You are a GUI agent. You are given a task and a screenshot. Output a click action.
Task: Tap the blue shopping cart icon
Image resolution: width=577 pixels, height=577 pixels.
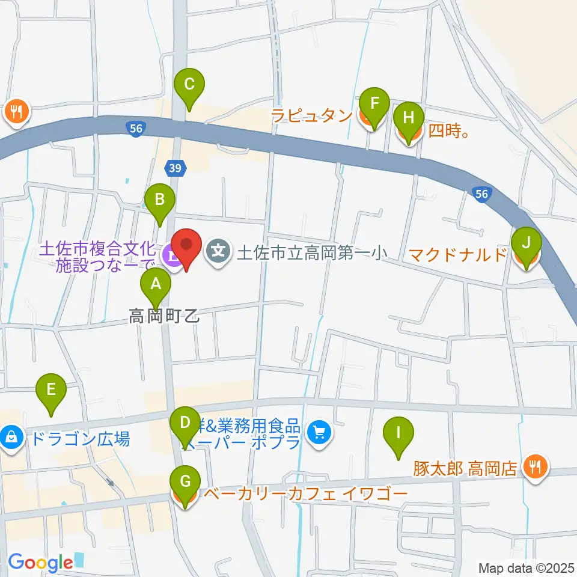319,432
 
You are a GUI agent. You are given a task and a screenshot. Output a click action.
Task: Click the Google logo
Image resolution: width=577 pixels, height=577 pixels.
40,563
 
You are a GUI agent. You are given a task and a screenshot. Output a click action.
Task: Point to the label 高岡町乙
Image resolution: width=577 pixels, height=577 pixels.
163,316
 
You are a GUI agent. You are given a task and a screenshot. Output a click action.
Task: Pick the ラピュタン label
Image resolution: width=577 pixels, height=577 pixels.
311,115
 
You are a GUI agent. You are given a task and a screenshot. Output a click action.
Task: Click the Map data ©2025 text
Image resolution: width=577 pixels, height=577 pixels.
526,567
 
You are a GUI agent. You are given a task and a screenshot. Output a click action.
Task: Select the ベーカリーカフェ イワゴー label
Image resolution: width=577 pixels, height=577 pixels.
306,495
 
